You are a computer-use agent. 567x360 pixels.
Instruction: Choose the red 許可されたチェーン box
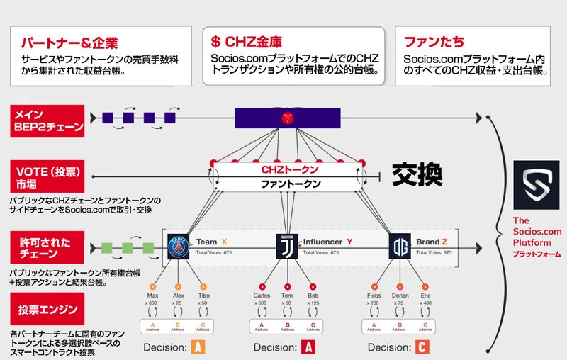coord(47,248)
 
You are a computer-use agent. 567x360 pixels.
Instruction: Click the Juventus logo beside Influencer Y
coord(286,247)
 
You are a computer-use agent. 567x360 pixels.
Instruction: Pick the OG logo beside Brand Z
coord(400,247)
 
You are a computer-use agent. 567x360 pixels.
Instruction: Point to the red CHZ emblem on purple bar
coord(287,117)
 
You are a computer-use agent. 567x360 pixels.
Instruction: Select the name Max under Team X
coord(152,296)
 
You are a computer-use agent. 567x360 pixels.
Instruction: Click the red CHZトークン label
coord(290,170)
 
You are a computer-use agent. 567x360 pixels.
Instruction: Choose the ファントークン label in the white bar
coord(290,184)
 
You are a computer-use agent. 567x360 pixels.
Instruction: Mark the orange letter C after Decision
coord(421,347)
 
